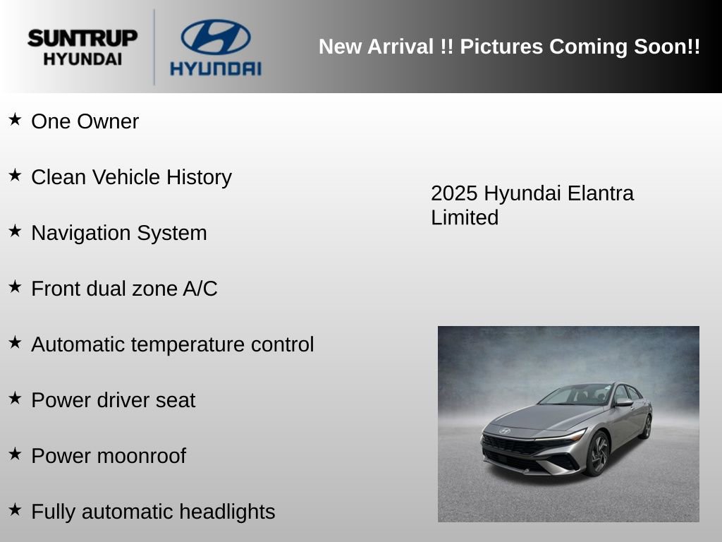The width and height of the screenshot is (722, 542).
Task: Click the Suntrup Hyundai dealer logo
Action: click(82, 47)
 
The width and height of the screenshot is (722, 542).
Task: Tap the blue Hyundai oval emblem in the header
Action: click(216, 37)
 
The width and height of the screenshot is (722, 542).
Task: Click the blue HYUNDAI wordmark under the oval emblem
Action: click(216, 68)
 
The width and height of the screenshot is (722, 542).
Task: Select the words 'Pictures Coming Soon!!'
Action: click(580, 47)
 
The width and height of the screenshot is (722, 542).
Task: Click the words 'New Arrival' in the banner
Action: click(376, 47)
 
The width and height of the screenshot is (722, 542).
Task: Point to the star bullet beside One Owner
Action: click(15, 119)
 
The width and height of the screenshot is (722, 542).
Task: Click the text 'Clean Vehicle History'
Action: click(131, 177)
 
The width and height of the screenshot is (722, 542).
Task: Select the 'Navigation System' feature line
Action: click(118, 233)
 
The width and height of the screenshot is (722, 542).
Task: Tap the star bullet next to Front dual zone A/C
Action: click(15, 287)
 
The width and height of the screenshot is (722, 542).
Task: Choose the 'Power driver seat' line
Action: click(113, 400)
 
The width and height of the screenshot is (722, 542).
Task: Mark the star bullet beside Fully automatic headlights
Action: click(15, 510)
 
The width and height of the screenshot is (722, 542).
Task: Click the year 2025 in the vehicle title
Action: click(454, 193)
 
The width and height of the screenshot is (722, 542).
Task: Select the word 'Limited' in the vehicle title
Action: click(465, 217)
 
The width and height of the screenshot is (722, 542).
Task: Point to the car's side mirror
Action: click(623, 402)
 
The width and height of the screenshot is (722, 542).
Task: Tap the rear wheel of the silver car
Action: click(647, 426)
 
